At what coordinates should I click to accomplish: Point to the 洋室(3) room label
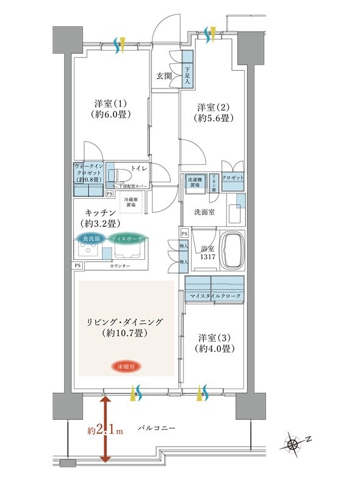click(212, 343)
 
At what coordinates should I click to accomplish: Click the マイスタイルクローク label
click(214, 296)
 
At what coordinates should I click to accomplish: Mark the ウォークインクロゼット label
click(88, 173)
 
